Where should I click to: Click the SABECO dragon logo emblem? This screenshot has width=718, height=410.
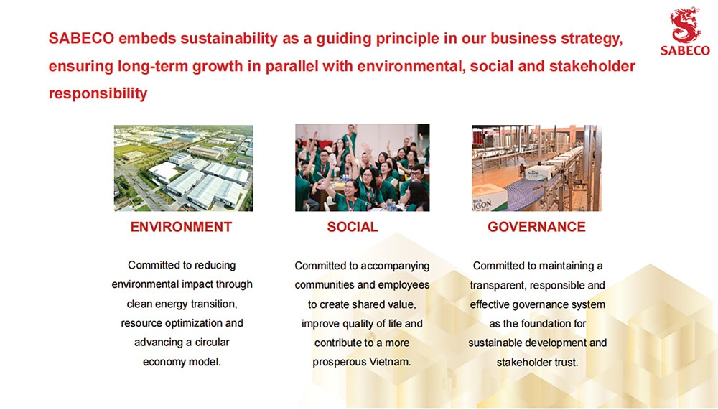click(x=684, y=25)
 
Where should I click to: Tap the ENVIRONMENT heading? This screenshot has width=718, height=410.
click(x=181, y=227)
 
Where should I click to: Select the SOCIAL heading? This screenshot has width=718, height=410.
click(x=353, y=227)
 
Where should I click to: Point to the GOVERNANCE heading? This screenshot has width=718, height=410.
click(x=536, y=227)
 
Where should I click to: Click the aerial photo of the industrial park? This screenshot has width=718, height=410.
click(x=184, y=168)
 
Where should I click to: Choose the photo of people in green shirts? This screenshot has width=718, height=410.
click(x=362, y=168)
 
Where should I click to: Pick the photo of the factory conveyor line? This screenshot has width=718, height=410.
click(x=536, y=168)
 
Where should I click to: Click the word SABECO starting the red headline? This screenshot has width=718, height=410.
click(x=81, y=39)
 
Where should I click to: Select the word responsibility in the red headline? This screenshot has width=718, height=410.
click(x=98, y=93)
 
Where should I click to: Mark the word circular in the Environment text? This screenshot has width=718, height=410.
click(x=213, y=343)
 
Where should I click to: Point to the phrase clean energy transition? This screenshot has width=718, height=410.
click(x=182, y=304)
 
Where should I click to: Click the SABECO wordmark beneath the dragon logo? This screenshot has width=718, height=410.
click(x=685, y=50)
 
